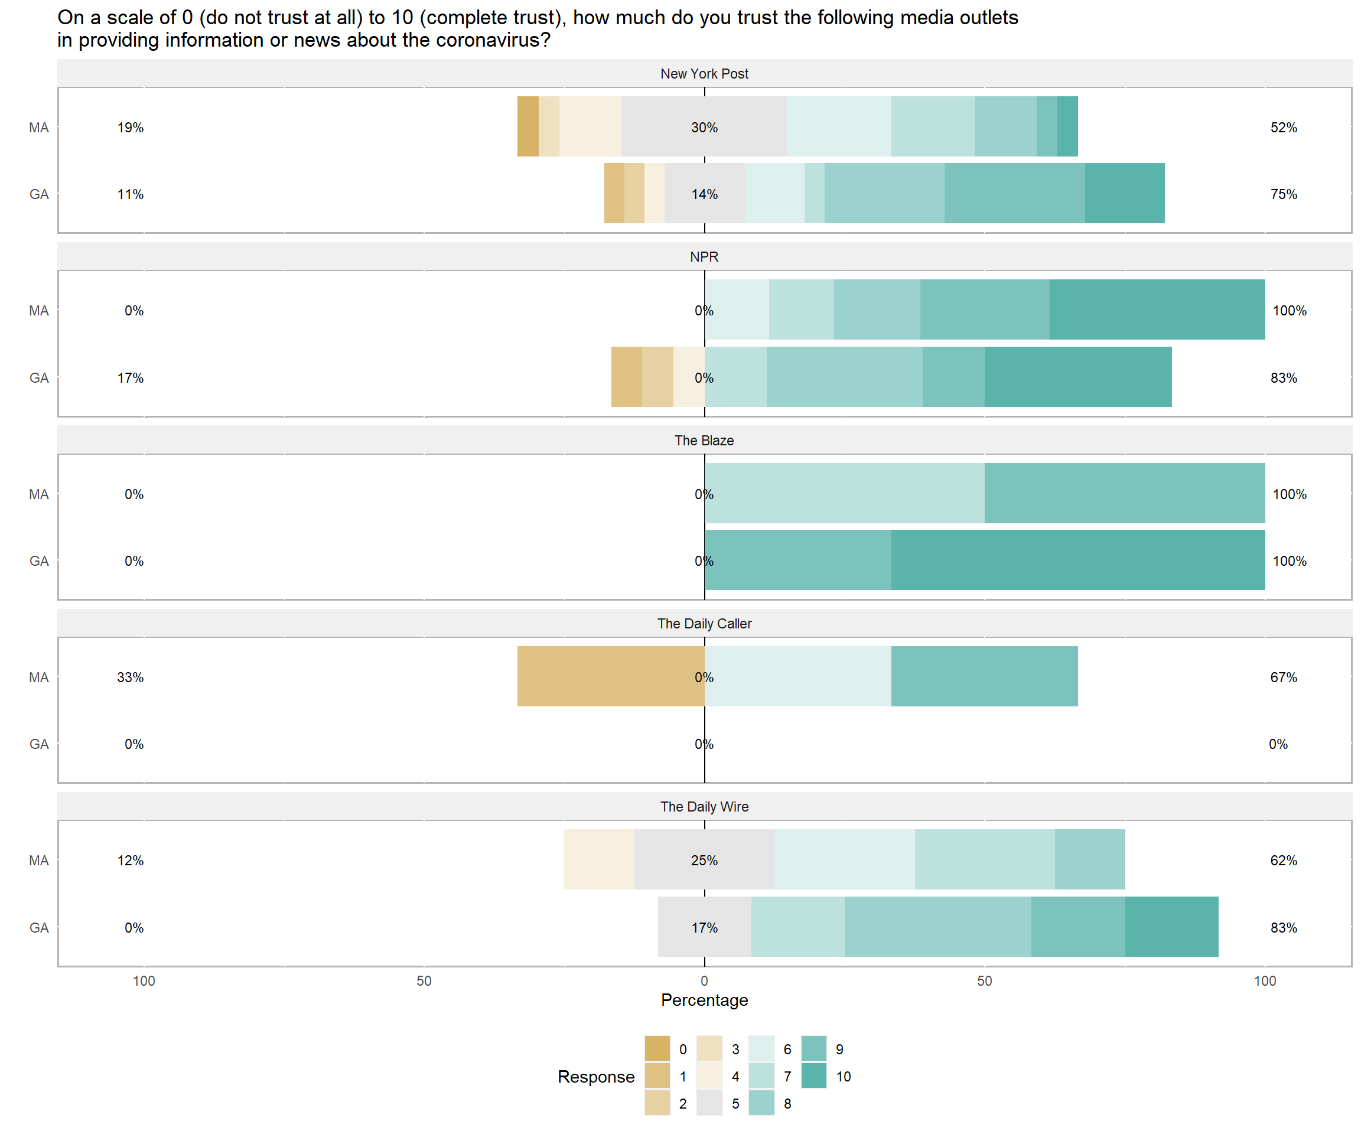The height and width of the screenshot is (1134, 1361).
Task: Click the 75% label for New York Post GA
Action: point(1283,194)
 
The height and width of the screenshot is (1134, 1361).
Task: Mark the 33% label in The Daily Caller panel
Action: point(131,678)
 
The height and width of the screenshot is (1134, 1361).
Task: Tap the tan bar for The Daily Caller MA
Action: point(611,676)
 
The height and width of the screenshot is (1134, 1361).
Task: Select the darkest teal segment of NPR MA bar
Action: point(1157,309)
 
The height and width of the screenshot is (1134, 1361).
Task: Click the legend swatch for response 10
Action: point(813,1076)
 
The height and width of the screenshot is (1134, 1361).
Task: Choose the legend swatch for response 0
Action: point(657,1048)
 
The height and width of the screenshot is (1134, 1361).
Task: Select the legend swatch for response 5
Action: point(709,1103)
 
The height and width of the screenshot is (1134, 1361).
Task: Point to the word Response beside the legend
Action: point(595,1076)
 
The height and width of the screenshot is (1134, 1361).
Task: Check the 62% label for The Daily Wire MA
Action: point(1283,861)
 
